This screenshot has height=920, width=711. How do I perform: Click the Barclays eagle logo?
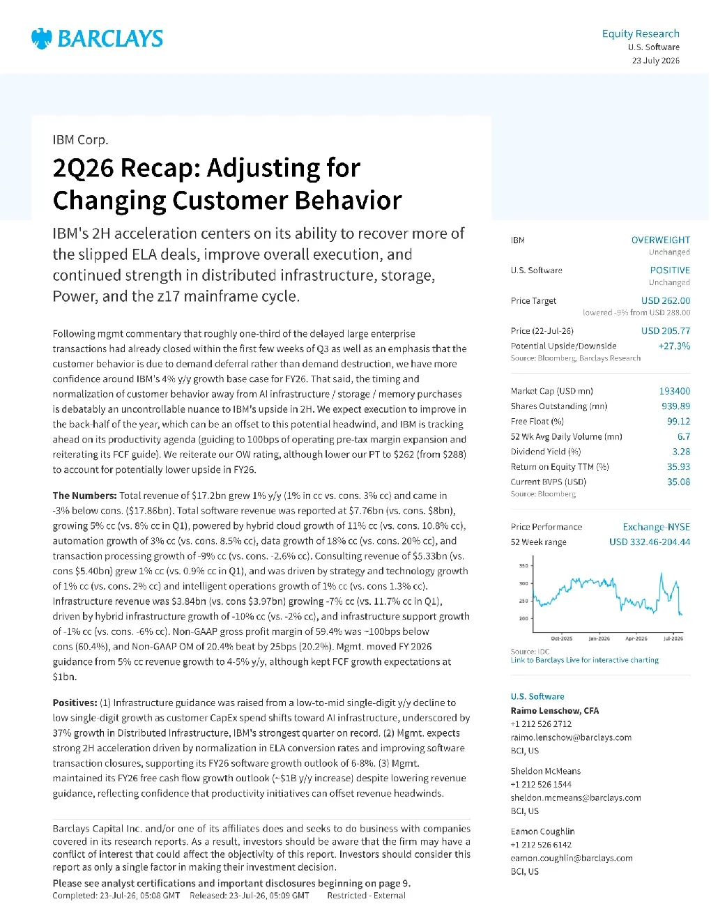pos(42,38)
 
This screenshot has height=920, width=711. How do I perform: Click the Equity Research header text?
pos(641,33)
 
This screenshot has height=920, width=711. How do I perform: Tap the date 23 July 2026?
pos(655,61)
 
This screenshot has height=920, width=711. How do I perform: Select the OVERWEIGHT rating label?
pos(661,240)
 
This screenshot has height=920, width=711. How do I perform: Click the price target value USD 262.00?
pos(665,300)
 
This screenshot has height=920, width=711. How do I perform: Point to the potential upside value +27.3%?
pos(674,346)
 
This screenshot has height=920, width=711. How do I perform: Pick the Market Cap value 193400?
pos(675,391)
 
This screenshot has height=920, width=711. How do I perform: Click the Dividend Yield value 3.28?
pos(681,452)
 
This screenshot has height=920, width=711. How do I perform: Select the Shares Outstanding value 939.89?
pos(676,406)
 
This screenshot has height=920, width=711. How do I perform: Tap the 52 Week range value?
pos(650,542)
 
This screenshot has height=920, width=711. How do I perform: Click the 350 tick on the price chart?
pos(523,566)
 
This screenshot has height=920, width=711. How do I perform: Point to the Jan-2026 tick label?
pos(599,638)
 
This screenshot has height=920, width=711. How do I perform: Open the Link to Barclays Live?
pos(584,660)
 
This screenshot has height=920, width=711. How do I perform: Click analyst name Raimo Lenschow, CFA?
pos(555,710)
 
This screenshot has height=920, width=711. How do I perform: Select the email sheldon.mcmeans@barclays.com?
pos(576,797)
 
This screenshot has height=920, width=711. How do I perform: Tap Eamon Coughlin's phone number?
pos(541,845)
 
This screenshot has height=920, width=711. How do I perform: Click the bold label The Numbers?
pos(85,496)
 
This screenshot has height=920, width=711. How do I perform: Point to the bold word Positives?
pos(75,703)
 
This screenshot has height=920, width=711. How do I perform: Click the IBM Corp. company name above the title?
pos(80,139)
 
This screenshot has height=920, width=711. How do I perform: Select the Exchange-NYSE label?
pos(657,527)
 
